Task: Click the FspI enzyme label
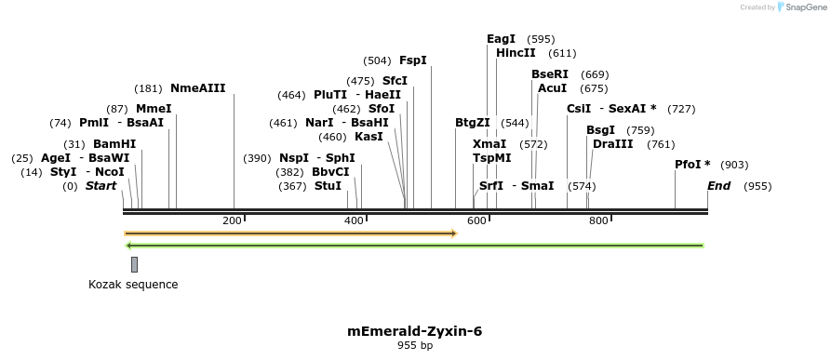tap(412, 60)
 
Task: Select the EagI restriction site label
tap(501, 39)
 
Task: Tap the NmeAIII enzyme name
tap(197, 88)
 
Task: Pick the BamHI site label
tap(114, 144)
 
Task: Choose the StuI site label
tap(328, 186)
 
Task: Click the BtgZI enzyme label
tap(472, 123)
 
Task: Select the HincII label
tap(516, 53)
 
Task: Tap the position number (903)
tap(734, 165)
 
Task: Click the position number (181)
tap(148, 88)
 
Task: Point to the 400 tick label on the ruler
tap(355, 220)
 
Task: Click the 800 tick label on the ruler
tap(598, 220)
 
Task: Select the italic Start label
tap(101, 186)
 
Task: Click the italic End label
tap(718, 186)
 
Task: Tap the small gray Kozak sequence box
tap(134, 264)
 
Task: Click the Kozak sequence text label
tap(133, 284)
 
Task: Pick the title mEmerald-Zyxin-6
tap(415, 330)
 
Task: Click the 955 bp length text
tap(415, 346)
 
